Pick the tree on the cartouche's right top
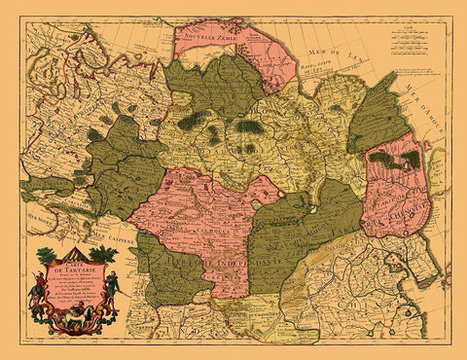point(104,256)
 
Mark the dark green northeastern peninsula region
point(378,116)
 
